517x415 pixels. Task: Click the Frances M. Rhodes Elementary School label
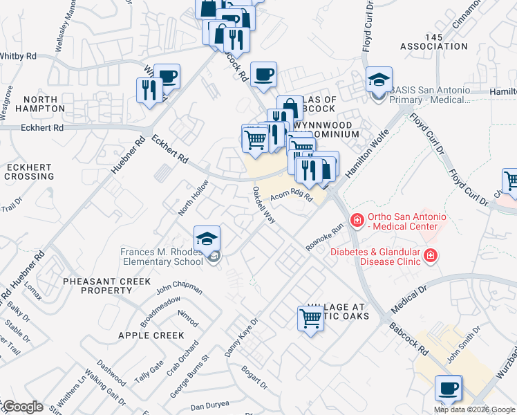[162, 257]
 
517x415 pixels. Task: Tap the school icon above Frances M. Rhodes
[207, 239]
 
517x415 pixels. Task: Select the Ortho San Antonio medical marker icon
[357, 221]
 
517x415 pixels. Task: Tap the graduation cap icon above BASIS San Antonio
[379, 81]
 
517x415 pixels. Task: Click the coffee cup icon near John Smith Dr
[449, 389]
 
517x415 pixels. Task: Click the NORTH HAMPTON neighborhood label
[29, 105]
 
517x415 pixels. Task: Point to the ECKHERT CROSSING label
[29, 172]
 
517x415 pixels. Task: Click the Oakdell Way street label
[264, 204]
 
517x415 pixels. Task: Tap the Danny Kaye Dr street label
[241, 338]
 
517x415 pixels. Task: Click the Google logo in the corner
[23, 407]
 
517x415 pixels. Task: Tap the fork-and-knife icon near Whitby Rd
[149, 90]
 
